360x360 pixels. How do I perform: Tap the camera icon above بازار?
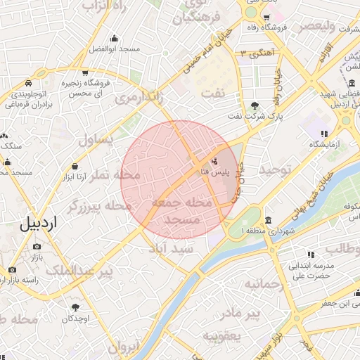37,246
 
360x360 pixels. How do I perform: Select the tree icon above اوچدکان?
75,307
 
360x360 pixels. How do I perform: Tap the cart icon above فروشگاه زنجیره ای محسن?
84,72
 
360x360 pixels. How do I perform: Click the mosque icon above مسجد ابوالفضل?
115,39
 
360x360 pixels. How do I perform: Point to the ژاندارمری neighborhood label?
139,96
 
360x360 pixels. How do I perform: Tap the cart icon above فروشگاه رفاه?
266,18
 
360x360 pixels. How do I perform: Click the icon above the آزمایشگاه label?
323,133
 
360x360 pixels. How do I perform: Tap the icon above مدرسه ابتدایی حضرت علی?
310,255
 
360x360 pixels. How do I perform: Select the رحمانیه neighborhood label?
262,283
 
